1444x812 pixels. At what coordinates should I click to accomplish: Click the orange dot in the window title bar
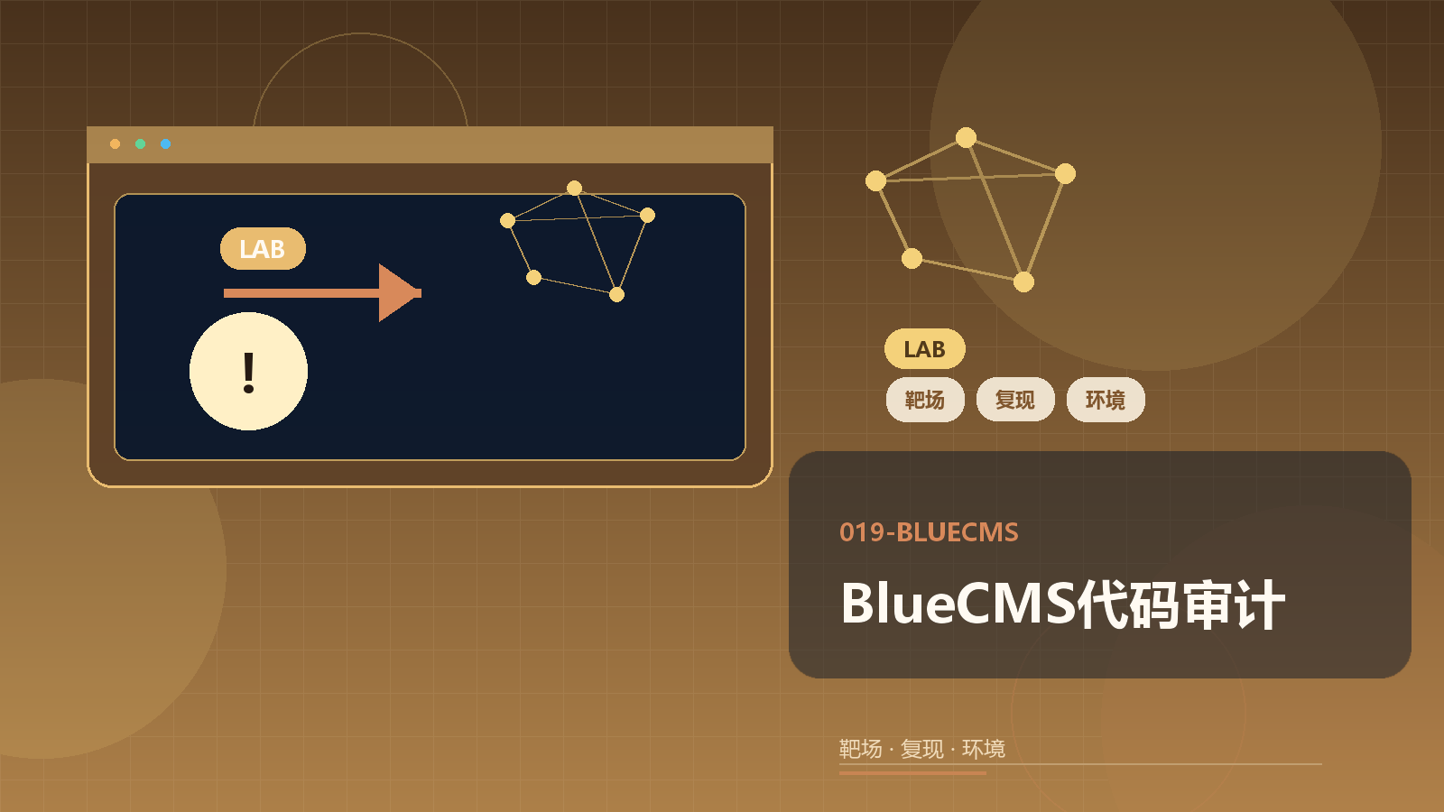(115, 143)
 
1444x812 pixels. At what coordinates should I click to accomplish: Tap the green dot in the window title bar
(140, 143)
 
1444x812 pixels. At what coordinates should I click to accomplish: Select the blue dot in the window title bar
(166, 143)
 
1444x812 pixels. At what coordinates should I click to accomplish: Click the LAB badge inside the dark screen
(263, 249)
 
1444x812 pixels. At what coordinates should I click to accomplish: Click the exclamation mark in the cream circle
(249, 373)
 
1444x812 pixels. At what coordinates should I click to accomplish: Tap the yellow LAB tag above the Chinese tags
(924, 348)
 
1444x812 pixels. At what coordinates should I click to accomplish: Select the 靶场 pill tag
(925, 400)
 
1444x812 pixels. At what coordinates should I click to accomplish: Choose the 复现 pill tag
(1015, 400)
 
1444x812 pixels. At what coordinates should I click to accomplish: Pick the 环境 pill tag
(1106, 400)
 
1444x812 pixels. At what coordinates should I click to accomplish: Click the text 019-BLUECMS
(929, 532)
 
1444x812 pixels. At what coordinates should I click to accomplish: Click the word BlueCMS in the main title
(958, 604)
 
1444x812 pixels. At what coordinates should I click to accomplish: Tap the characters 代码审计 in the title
(1181, 604)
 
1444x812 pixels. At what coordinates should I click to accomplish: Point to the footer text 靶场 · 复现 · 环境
(921, 749)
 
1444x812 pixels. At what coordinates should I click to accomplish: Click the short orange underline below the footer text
(912, 772)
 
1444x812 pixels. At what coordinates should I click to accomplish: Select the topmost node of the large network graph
(966, 137)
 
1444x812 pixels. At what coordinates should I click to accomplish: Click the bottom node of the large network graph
(1023, 281)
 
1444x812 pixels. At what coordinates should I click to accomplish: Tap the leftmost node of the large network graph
(875, 181)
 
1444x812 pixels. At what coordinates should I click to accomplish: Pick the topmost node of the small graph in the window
(574, 189)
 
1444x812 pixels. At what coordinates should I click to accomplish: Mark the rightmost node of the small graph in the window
(648, 216)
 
